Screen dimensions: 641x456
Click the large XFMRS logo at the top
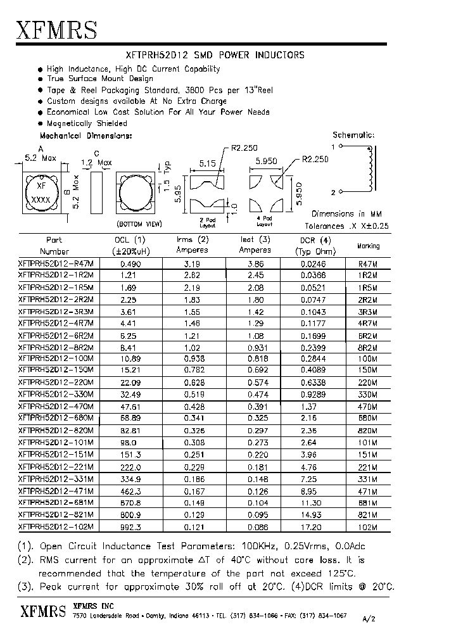pyautogui.click(x=56, y=29)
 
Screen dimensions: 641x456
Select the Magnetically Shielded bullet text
pyautogui.click(x=87, y=124)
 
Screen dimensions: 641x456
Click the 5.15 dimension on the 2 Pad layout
pyautogui.click(x=206, y=163)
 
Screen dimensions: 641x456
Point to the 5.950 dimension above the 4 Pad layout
pyautogui.click(x=266, y=162)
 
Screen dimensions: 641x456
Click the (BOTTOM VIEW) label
pyautogui.click(x=139, y=224)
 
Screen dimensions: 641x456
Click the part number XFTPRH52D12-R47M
pyautogui.click(x=56, y=263)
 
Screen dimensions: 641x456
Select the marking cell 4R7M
pyautogui.click(x=367, y=323)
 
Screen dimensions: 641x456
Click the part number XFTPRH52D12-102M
pyautogui.click(x=56, y=526)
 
